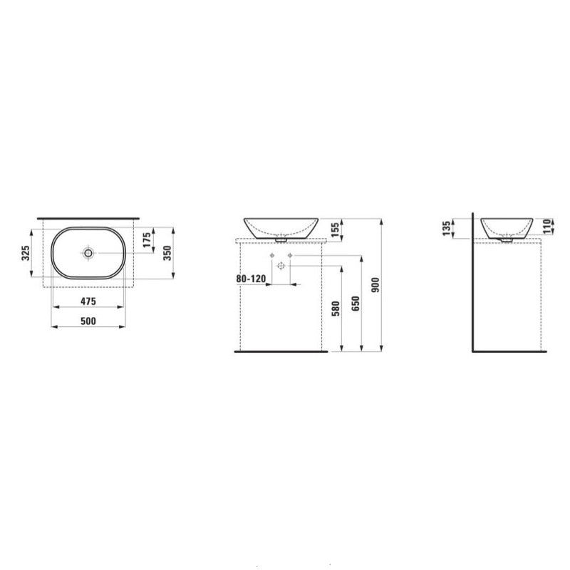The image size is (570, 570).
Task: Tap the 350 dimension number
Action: pos(168,253)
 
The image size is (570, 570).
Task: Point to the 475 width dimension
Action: pos(88,302)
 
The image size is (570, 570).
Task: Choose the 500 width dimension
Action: pos(88,321)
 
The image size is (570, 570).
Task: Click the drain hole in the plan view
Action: pos(88,253)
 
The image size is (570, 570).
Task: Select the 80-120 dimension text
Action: pos(250,280)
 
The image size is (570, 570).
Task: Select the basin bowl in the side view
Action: pos(507,227)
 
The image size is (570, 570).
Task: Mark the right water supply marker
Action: pos(290,255)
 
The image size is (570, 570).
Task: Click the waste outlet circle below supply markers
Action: pos(281,266)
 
